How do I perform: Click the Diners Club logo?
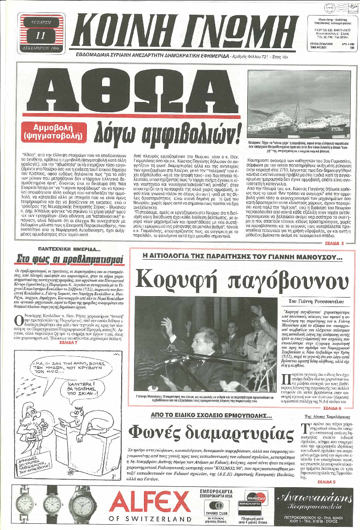217,506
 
